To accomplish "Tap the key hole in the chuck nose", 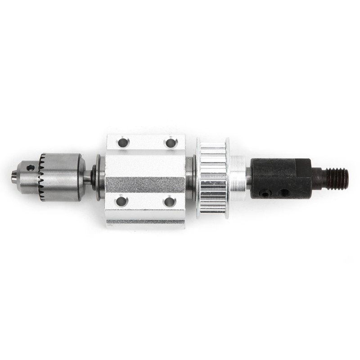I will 30,168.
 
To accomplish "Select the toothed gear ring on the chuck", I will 42,177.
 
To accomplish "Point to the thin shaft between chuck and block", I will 88,176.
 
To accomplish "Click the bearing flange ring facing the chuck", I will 98,178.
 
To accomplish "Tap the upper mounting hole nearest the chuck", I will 122,143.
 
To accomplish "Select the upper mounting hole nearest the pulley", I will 171,143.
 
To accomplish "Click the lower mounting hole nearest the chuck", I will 121,201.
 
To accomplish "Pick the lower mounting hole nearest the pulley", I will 170,201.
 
